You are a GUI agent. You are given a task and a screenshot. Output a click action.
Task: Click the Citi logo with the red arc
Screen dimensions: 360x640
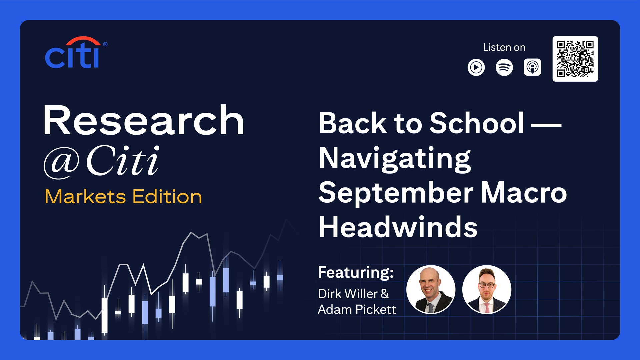75,53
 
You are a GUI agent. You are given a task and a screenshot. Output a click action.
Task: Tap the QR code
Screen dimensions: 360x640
575,59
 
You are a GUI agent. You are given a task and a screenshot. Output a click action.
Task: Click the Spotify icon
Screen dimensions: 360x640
504,67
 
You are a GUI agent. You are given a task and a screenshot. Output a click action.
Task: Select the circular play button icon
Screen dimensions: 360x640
476,67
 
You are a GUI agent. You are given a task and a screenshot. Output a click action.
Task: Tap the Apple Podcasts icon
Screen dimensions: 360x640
532,67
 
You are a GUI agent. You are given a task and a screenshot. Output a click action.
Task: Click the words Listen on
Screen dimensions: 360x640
504,47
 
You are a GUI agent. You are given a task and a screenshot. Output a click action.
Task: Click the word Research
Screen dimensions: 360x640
144,120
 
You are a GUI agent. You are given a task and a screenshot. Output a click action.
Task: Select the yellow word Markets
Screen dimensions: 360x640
85,196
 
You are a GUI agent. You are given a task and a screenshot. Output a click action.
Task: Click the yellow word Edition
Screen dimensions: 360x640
167,196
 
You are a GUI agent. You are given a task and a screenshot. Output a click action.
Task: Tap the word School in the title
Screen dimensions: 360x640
477,123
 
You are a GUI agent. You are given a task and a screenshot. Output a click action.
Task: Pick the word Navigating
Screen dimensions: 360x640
394,159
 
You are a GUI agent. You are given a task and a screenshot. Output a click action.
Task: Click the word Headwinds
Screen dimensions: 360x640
398,227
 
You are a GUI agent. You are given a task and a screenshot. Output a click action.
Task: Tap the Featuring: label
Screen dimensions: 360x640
356,272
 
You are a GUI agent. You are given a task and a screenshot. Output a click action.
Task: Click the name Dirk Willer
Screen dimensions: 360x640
348,294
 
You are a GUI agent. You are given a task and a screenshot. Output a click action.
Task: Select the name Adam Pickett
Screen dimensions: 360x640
357,309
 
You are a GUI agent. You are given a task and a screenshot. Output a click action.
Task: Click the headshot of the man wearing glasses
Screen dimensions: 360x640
486,290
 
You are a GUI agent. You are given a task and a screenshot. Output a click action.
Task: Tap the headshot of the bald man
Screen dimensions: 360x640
431,290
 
